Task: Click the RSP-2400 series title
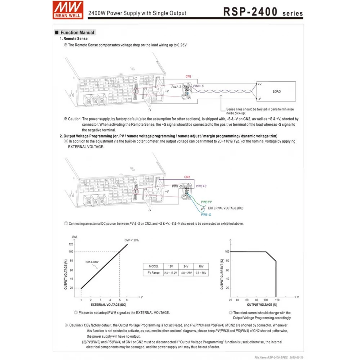pyautogui.click(x=263, y=12)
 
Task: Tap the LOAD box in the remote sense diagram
pyautogui.click(x=276, y=91)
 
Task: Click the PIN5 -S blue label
pyautogui.click(x=206, y=215)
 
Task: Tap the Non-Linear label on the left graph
pyautogui.click(x=92, y=262)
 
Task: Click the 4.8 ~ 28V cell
pyautogui.click(x=186, y=273)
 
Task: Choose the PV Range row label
pyautogui.click(x=153, y=273)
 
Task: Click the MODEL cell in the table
pyautogui.click(x=153, y=266)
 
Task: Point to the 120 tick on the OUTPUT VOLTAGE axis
pyautogui.click(x=71, y=244)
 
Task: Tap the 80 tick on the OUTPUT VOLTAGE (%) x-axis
pyautogui.click(x=256, y=300)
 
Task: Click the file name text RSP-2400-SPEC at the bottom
pyautogui.click(x=268, y=357)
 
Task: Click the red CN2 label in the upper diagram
pyautogui.click(x=188, y=76)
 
